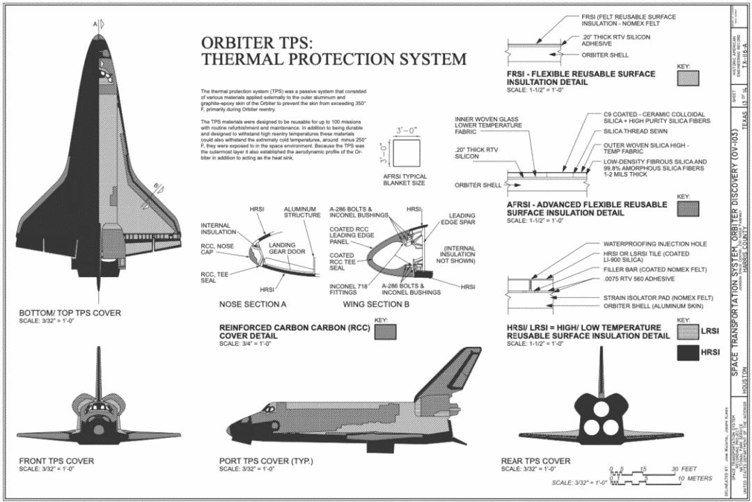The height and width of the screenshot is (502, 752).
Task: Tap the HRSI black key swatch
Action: [688, 353]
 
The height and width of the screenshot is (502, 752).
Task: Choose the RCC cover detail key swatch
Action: [384, 332]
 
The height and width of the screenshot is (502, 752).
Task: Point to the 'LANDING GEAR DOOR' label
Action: [282, 249]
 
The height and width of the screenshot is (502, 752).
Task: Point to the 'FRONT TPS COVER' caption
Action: [56, 461]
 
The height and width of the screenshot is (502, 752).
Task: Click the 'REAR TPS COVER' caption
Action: [535, 461]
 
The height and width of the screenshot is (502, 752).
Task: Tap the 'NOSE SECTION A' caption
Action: [253, 304]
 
